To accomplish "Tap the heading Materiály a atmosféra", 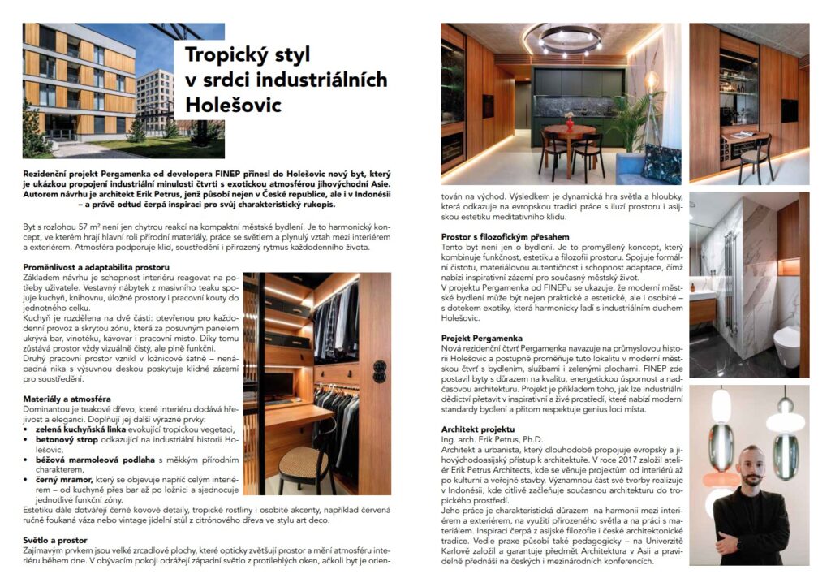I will (66, 397).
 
